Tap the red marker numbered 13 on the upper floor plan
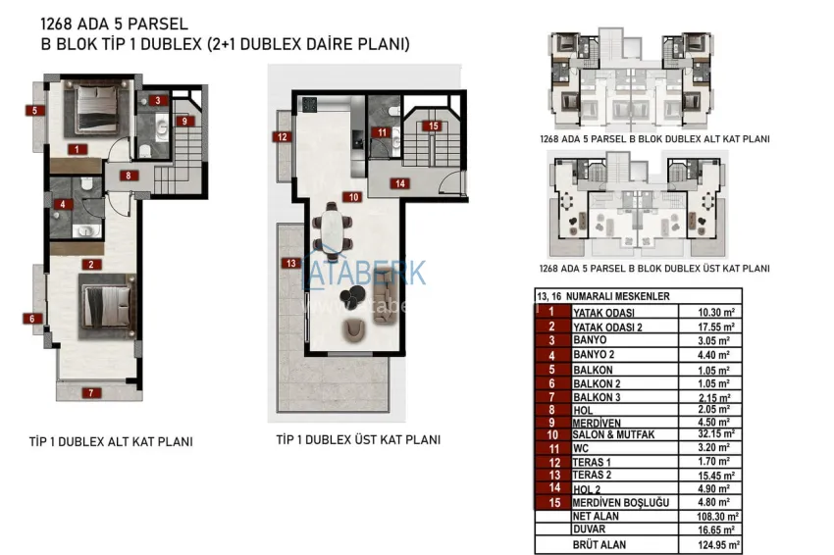(288, 263)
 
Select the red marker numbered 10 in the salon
(352, 197)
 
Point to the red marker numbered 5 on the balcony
(34, 111)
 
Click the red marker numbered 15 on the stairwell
(432, 126)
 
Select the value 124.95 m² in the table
(710, 544)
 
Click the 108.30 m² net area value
(710, 516)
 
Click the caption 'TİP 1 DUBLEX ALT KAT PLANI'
(110, 442)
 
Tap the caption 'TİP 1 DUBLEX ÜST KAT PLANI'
(358, 440)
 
